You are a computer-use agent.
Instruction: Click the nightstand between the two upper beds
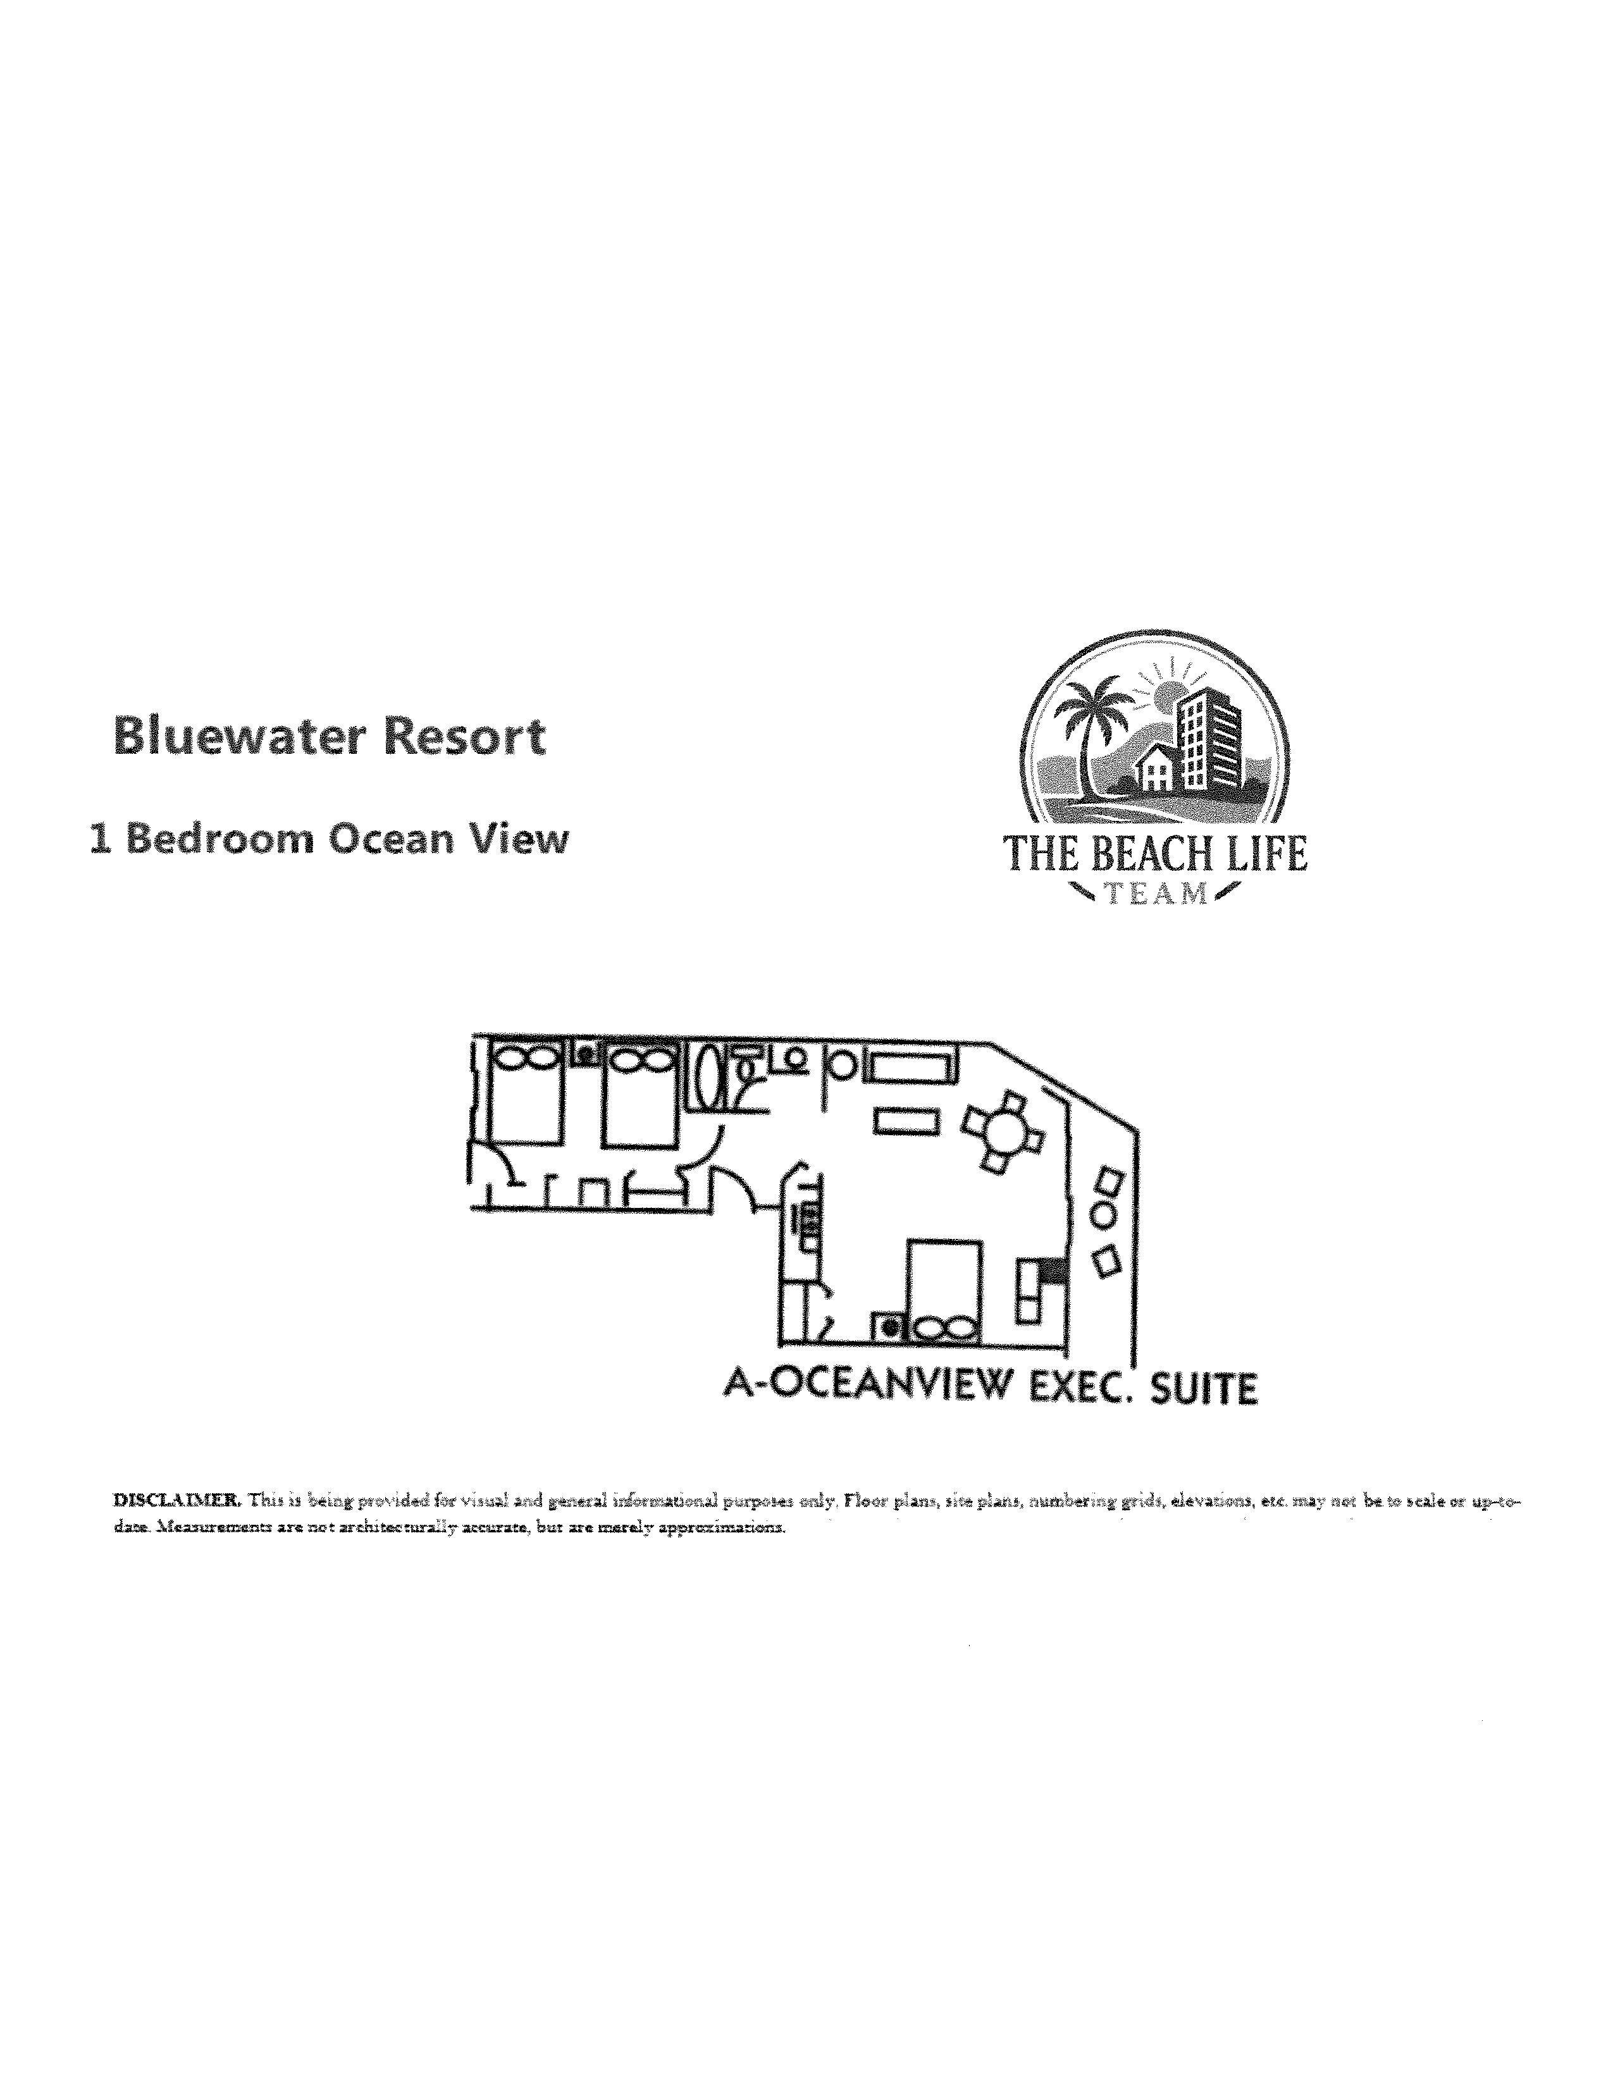tap(584, 1055)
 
